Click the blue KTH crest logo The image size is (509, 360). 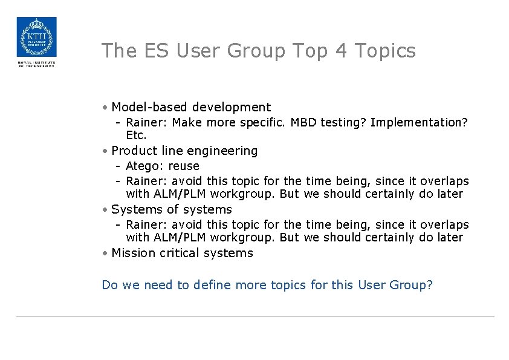point(36,37)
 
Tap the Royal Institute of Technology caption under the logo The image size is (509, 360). point(36,64)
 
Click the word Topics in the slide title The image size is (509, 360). point(386,51)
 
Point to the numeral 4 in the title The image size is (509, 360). point(340,51)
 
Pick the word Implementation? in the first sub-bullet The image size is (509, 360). point(419,122)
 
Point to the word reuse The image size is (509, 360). point(184,166)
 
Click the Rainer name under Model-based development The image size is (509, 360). point(146,122)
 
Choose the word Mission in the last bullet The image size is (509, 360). point(134,253)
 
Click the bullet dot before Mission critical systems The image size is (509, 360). point(105,254)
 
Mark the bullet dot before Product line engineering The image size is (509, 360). point(105,151)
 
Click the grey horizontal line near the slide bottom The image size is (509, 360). point(254,316)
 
